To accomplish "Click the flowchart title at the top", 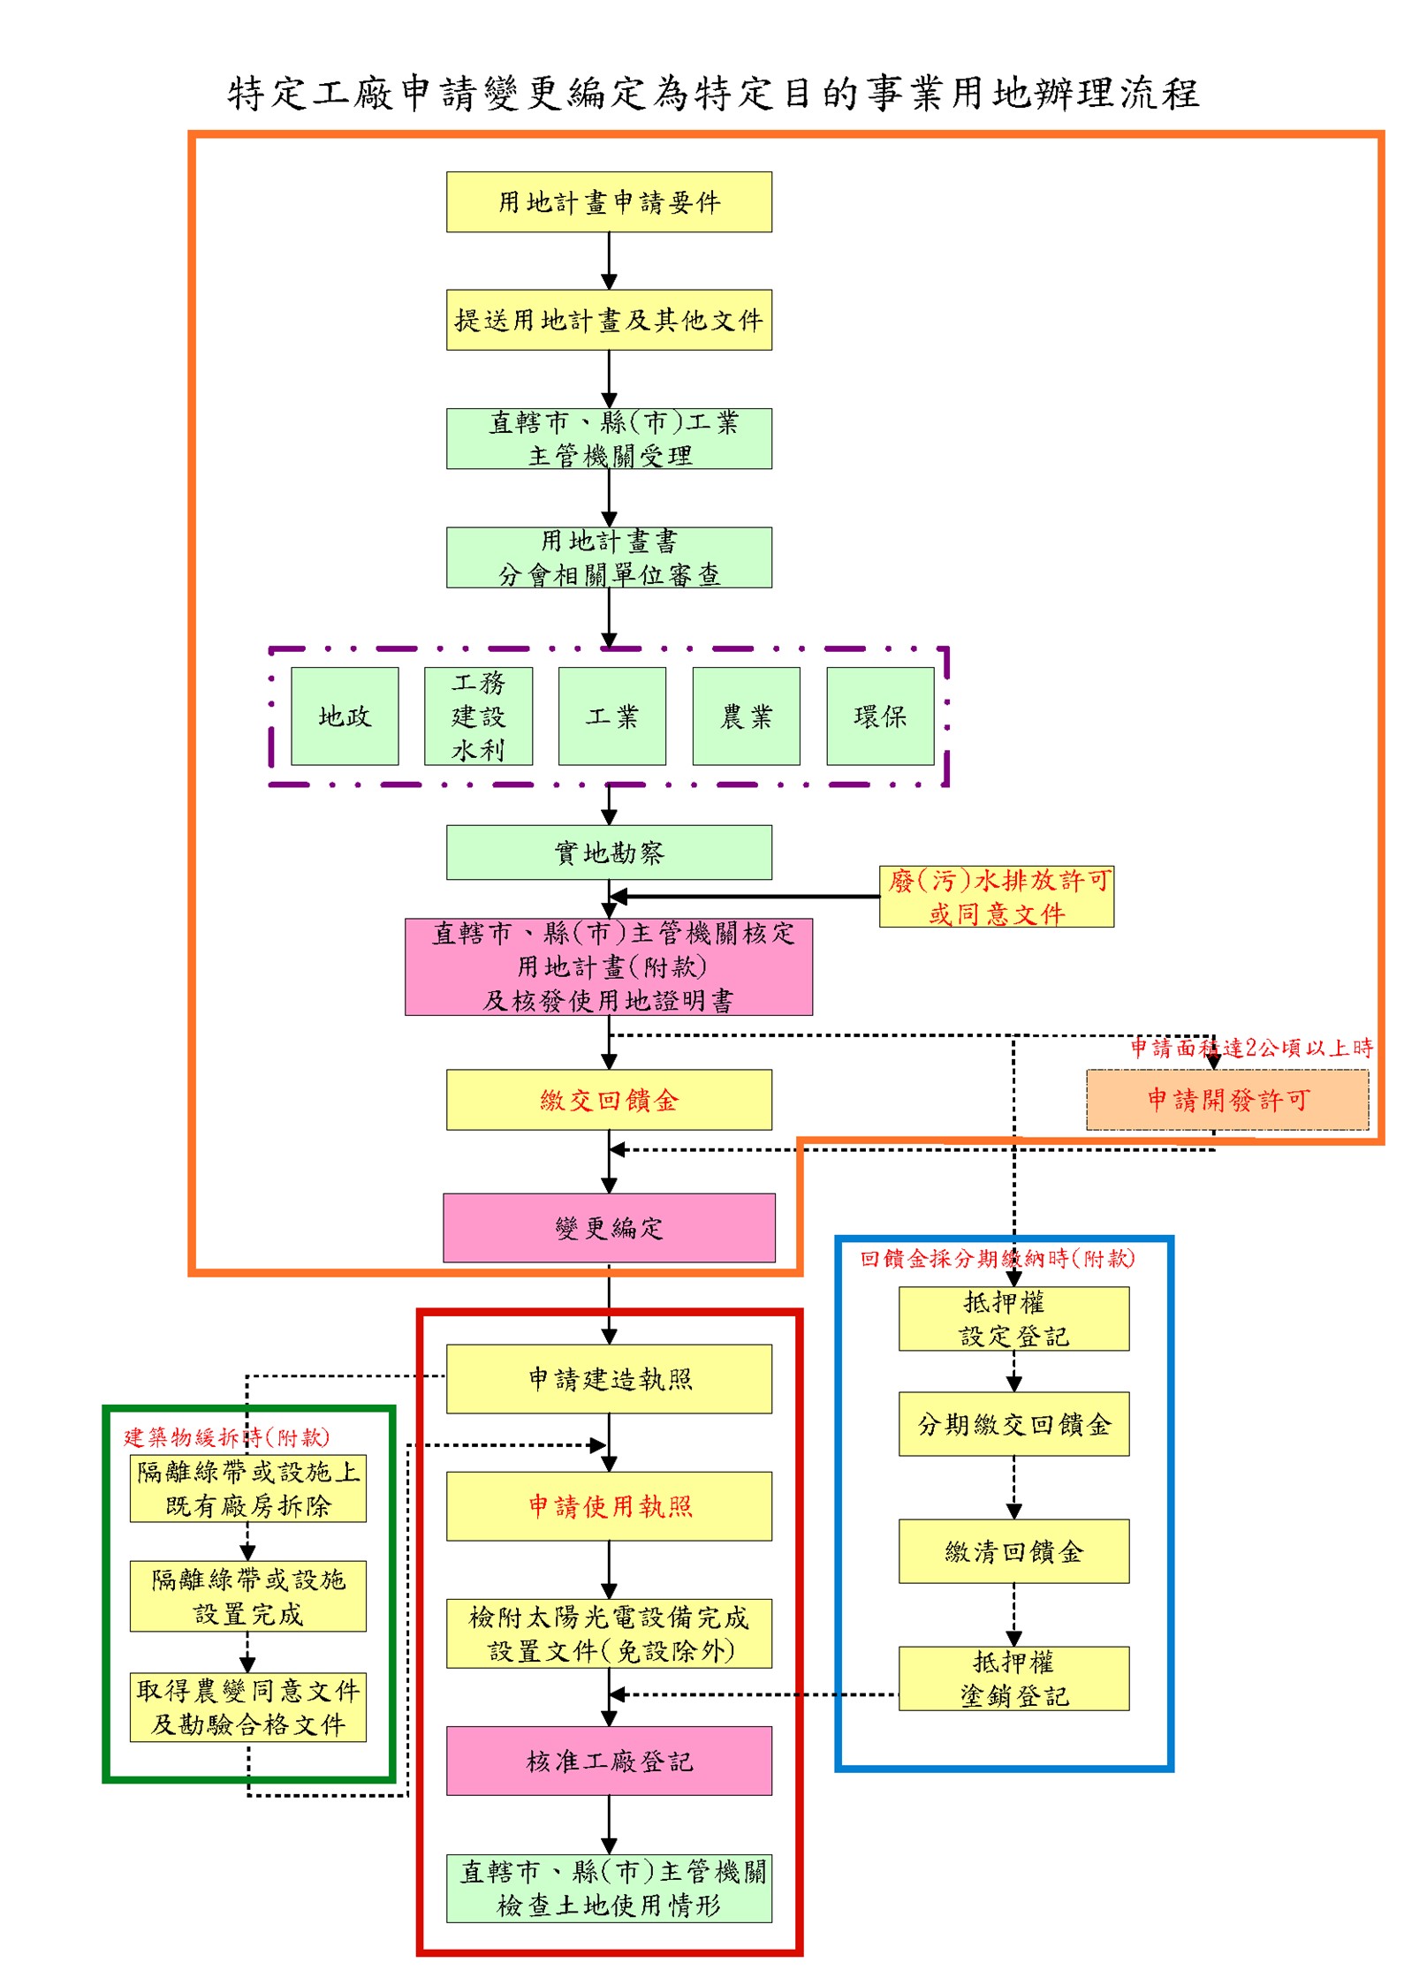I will coord(712,94).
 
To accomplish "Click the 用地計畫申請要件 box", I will coord(609,202).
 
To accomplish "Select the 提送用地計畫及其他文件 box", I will coord(609,320).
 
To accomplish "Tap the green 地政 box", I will coord(345,716).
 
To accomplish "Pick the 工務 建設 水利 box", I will coord(478,716).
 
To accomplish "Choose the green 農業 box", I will coord(746,716).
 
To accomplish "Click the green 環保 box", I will coord(880,716).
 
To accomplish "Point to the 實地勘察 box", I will coord(609,852).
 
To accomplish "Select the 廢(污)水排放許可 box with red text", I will coord(997,897).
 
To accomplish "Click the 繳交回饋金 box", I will coord(609,1100).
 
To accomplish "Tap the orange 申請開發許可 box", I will coord(1227,1100).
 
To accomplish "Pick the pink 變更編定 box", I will coord(609,1228).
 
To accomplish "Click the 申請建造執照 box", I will coord(609,1379).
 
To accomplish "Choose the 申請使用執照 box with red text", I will coord(609,1506).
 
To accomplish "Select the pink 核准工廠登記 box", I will coord(609,1761).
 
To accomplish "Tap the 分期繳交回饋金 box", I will coord(1013,1424).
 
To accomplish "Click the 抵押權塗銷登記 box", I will coord(1013,1678).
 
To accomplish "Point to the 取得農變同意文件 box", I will coord(248,1708).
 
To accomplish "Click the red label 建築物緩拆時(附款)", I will coord(226,1437).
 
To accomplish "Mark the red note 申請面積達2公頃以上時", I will coord(1252,1049).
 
